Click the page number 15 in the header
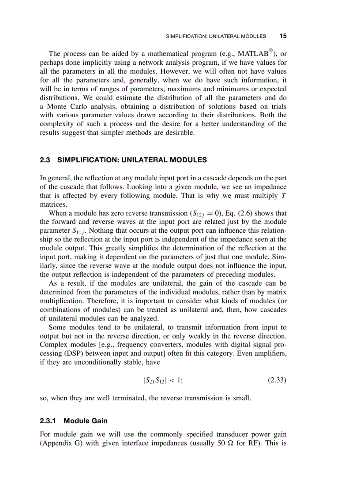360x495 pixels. point(283,36)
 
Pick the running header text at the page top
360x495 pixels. point(216,36)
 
